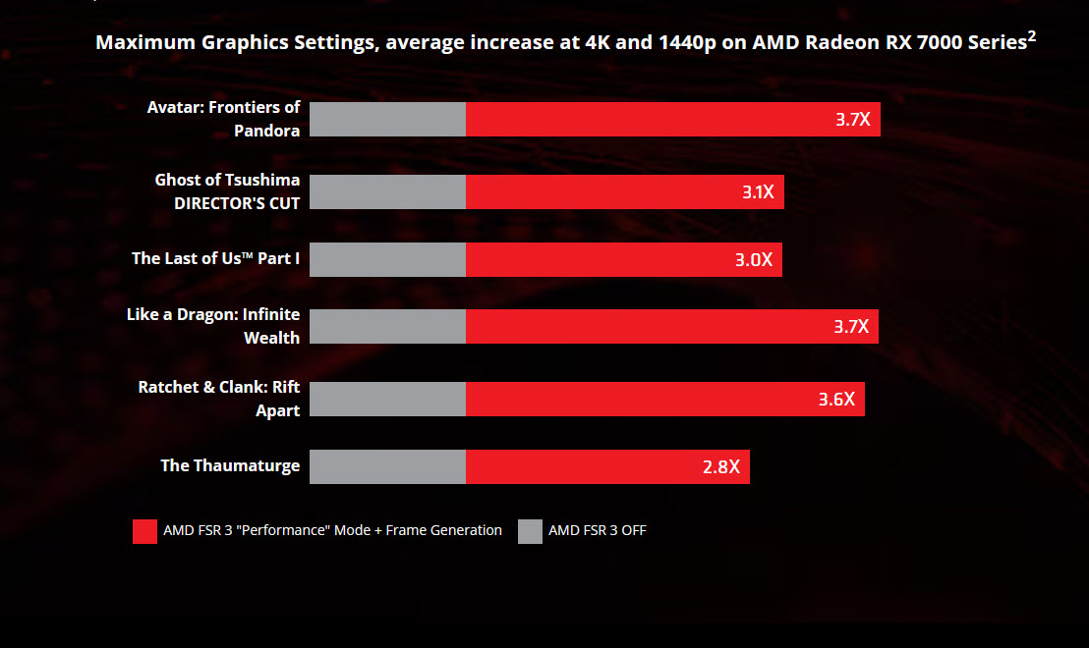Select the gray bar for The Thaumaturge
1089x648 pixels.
click(387, 466)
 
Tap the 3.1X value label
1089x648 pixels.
click(758, 192)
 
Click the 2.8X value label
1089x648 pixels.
click(721, 466)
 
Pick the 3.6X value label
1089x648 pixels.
click(836, 400)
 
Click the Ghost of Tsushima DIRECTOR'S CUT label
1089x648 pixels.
click(227, 191)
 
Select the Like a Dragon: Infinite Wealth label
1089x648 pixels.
click(213, 326)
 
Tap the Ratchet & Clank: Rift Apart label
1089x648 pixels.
click(219, 399)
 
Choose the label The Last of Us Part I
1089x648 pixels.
click(215, 258)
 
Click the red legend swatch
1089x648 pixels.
click(144, 531)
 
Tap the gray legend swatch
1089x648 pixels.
click(530, 531)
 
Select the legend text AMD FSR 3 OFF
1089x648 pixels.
click(597, 531)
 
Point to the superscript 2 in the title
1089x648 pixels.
click(1031, 36)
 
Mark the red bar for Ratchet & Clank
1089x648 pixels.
click(664, 399)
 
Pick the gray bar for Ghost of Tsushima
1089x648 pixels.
click(387, 191)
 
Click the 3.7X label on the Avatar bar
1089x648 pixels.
click(852, 121)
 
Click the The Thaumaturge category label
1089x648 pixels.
click(230, 465)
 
